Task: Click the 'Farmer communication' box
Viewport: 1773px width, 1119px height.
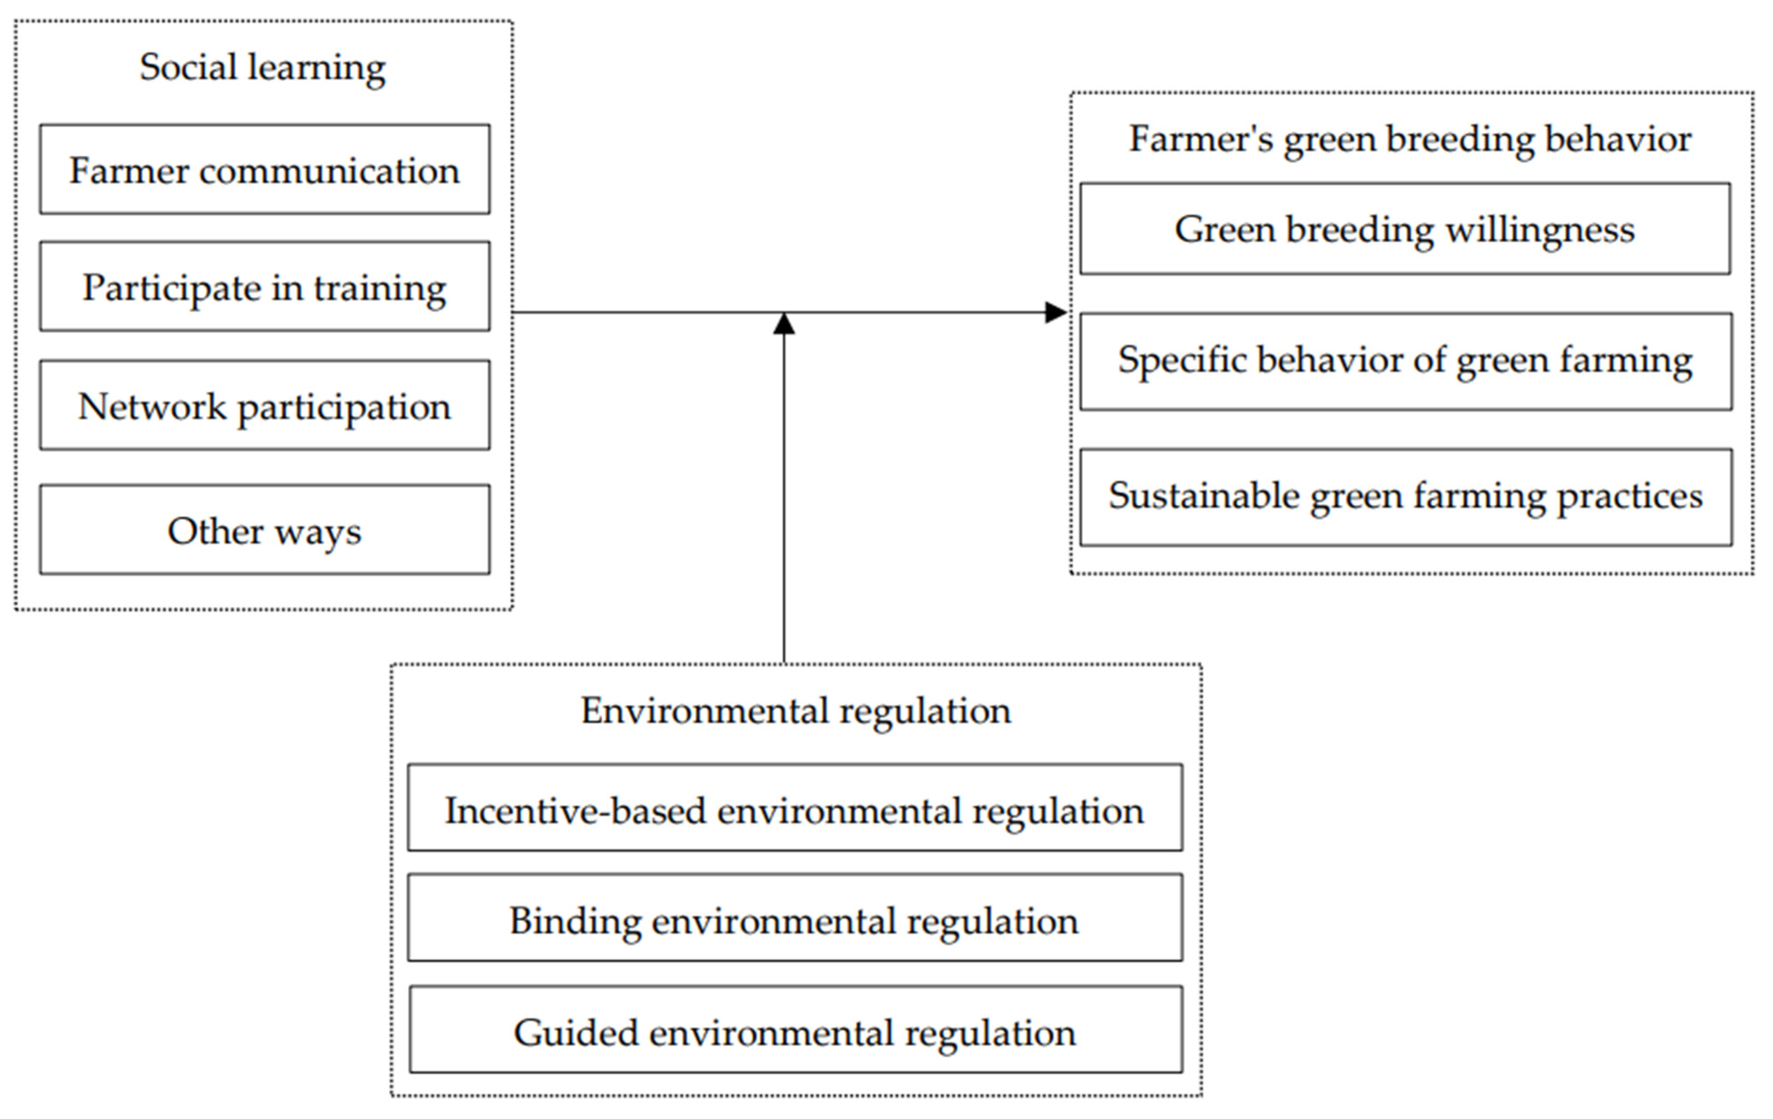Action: pos(264,169)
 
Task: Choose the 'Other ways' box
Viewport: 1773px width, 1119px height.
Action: pos(264,529)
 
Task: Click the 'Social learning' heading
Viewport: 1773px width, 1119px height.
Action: pos(263,68)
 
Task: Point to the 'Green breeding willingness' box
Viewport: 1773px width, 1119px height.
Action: pos(1404,229)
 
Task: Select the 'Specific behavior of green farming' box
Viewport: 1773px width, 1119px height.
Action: pos(1405,361)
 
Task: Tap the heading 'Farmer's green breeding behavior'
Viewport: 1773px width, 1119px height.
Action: pos(1410,138)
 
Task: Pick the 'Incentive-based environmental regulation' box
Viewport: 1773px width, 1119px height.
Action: pos(794,810)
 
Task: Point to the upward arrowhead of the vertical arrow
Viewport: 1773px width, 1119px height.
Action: pos(784,324)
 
